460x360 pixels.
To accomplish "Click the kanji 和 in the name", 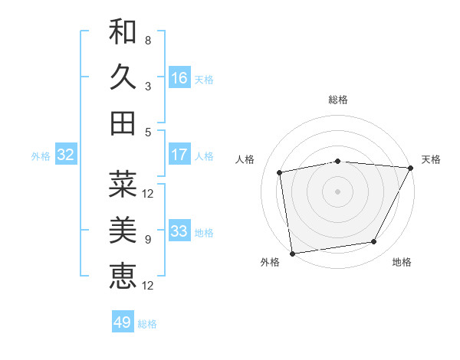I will [123, 32].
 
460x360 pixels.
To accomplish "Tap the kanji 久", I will [123, 77].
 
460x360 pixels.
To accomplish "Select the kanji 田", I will [123, 123].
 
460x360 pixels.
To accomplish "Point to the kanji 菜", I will [123, 185].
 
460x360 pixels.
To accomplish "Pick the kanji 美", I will [123, 230].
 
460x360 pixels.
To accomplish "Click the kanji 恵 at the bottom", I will [123, 276].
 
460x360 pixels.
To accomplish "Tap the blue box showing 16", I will [179, 78].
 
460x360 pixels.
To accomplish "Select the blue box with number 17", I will [179, 155].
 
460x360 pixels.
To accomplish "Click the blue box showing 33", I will [179, 231].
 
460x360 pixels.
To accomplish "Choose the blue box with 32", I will [66, 155].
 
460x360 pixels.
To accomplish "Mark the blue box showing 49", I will [123, 322].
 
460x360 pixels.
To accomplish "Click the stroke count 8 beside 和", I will [148, 40].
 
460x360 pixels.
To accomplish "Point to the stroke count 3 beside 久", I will [148, 86].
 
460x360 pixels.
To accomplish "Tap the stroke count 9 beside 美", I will [148, 239].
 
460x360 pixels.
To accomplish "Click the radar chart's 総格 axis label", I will [338, 100].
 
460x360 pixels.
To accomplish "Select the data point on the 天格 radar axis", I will [411, 168].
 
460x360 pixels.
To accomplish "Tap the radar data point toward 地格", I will [374, 242].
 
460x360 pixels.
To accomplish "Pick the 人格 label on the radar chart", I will [246, 159].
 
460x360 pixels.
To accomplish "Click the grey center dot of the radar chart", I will [338, 191].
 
